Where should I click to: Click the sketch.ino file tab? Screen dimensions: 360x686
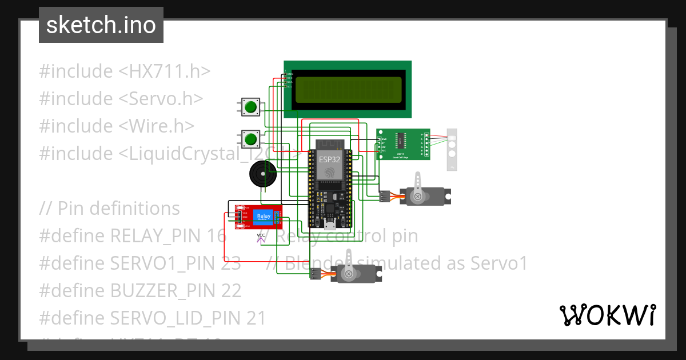point(101,25)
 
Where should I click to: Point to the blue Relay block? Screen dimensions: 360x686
point(264,216)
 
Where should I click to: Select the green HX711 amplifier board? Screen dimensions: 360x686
point(402,143)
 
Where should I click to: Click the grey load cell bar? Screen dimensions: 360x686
point(452,149)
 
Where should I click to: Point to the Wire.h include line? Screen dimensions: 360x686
point(117,126)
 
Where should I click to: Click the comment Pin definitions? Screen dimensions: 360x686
point(109,209)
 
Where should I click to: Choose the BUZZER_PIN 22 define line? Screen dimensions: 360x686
point(140,291)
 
